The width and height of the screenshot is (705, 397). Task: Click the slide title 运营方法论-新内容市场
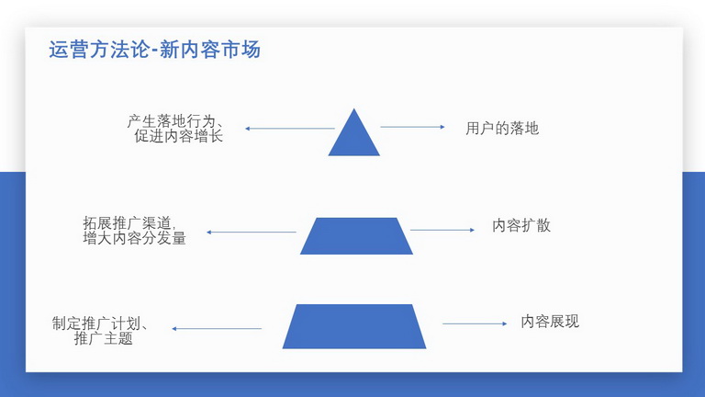(x=154, y=50)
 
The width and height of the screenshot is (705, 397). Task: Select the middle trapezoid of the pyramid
(x=356, y=236)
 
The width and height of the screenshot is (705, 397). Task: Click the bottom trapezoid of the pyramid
(x=354, y=326)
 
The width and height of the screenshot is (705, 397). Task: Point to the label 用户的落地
(x=502, y=129)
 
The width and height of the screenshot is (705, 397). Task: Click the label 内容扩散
(x=521, y=225)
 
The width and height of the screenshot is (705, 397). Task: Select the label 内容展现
(x=550, y=322)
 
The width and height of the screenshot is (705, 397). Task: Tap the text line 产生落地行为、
(x=175, y=120)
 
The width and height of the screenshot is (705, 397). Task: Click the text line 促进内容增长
(x=178, y=135)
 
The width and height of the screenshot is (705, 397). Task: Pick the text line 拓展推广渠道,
(x=129, y=222)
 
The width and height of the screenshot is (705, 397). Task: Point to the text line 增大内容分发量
(x=134, y=238)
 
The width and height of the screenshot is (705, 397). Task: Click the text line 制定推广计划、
(x=99, y=323)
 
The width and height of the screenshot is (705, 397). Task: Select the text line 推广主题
(x=104, y=338)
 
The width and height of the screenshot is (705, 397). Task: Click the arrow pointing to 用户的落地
(x=413, y=127)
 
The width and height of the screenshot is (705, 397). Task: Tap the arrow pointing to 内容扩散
(x=442, y=230)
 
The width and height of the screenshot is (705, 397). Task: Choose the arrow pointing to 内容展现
(x=475, y=323)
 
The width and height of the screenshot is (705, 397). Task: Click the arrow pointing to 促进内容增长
(x=290, y=129)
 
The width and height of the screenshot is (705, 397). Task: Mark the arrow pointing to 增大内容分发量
(x=252, y=233)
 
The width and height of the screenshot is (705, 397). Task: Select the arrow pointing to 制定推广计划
(x=217, y=329)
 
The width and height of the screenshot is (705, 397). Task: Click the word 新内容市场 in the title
(x=210, y=50)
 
